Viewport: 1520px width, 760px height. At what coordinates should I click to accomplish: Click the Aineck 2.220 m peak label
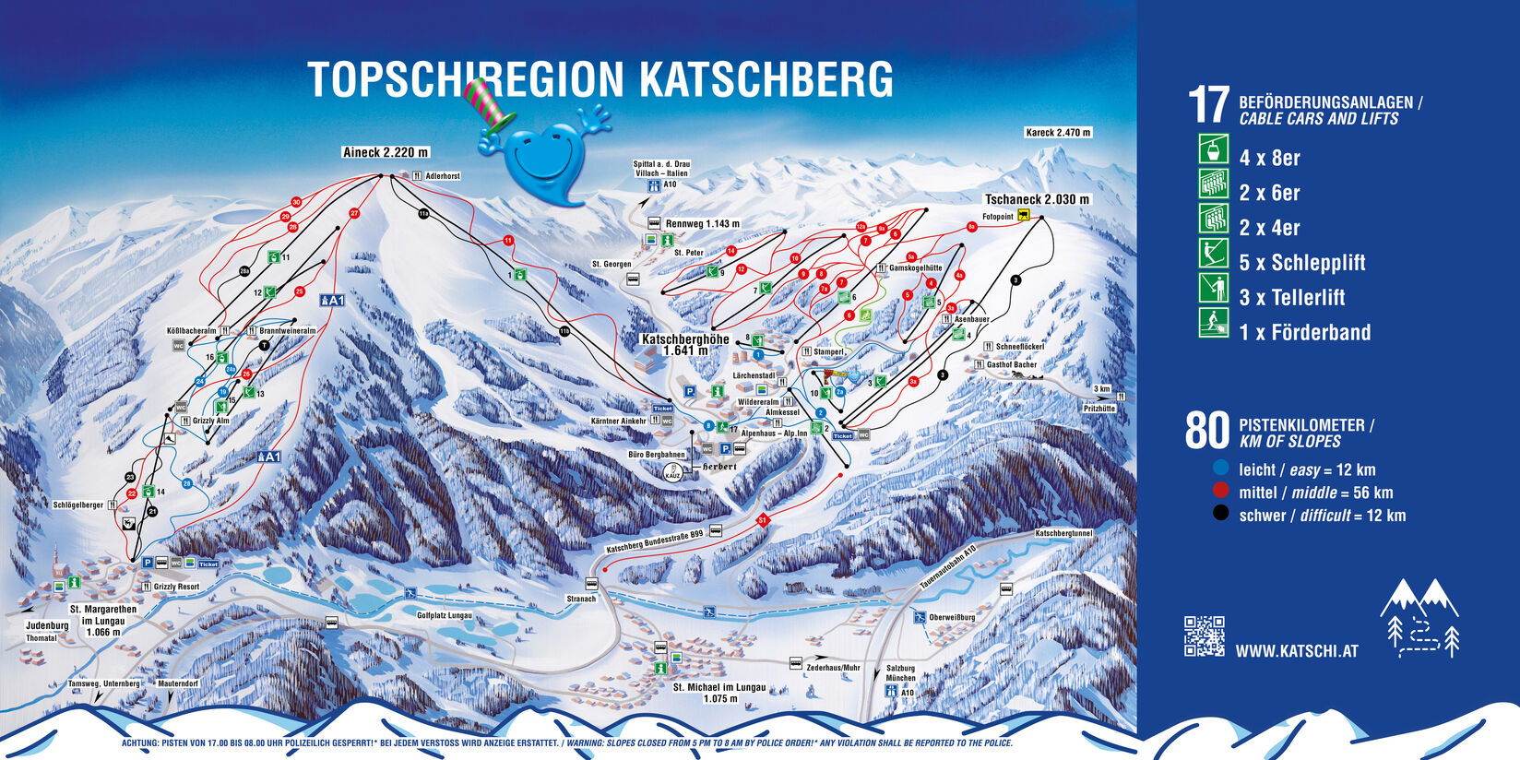point(386,152)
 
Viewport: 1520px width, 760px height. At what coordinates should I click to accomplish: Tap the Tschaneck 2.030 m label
point(1037,199)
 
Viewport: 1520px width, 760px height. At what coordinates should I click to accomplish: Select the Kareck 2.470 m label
point(1058,133)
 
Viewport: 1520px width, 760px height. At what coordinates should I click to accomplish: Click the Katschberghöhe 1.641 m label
point(684,344)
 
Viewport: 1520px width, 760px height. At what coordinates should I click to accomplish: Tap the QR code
point(1204,635)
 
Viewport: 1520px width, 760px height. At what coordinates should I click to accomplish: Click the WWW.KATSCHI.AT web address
point(1296,651)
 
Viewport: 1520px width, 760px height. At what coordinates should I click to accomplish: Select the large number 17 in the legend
point(1208,105)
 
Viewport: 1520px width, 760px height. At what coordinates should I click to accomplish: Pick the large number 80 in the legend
point(1206,431)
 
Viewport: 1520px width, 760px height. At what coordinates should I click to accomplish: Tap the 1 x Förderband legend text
point(1304,332)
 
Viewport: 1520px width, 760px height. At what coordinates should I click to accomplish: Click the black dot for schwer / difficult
point(1220,514)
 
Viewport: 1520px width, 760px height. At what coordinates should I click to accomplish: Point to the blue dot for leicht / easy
point(1220,468)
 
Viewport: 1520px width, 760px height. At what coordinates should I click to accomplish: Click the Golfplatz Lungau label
point(444,615)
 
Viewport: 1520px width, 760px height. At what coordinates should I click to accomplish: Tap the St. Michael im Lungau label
point(718,687)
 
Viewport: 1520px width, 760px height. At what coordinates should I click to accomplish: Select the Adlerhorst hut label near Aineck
point(442,175)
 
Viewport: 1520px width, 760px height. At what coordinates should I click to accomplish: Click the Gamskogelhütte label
point(915,268)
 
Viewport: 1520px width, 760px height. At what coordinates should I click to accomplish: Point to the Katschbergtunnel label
point(1063,533)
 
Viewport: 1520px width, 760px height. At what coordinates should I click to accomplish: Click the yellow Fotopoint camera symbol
point(1023,217)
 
